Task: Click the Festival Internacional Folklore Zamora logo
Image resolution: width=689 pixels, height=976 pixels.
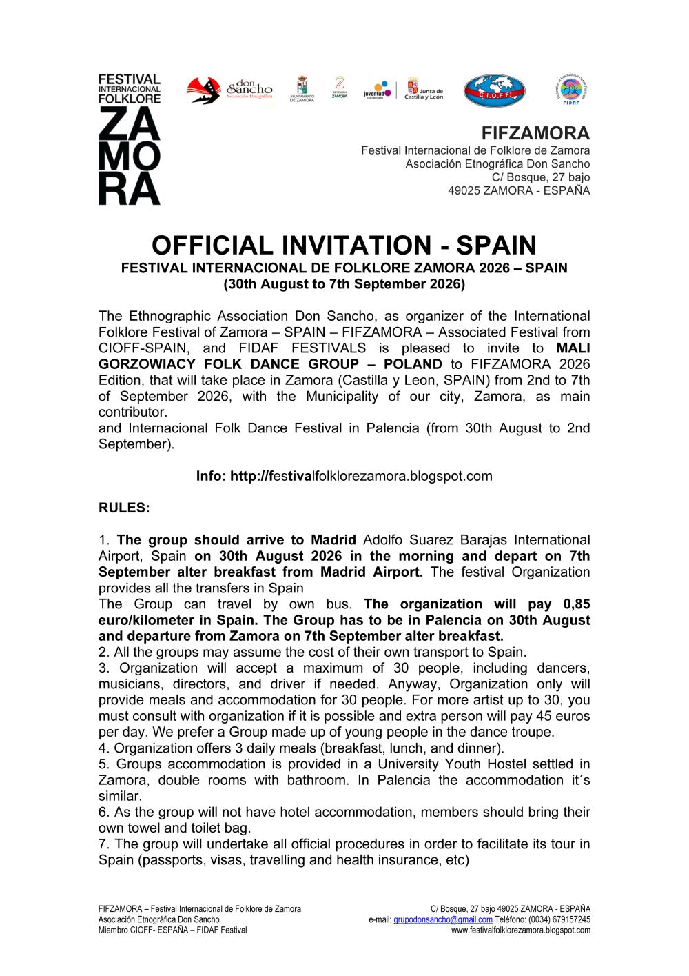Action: pyautogui.click(x=130, y=139)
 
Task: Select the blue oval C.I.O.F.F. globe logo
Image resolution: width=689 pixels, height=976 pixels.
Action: pyautogui.click(x=494, y=91)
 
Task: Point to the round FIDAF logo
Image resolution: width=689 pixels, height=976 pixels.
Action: pyautogui.click(x=570, y=90)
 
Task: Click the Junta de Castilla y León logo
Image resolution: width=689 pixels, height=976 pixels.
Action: pyautogui.click(x=424, y=90)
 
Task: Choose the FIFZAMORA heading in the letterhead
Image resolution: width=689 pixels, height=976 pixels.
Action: pyautogui.click(x=535, y=133)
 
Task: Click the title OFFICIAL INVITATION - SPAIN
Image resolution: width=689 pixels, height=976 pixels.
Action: pyautogui.click(x=344, y=246)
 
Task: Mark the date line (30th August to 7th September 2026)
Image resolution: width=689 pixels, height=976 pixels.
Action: pyautogui.click(x=344, y=284)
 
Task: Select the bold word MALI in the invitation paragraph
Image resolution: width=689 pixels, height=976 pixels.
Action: pyautogui.click(x=573, y=348)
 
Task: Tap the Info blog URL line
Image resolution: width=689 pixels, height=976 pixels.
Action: pyautogui.click(x=344, y=476)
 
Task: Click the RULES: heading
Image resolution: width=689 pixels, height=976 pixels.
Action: pyautogui.click(x=124, y=508)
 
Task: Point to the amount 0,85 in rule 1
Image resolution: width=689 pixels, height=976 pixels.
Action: pyautogui.click(x=577, y=604)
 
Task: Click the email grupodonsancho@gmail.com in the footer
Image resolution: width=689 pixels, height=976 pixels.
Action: pyautogui.click(x=443, y=919)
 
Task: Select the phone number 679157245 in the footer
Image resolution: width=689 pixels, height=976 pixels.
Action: pyautogui.click(x=571, y=919)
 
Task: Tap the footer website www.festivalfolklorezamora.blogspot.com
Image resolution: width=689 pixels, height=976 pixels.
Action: pyautogui.click(x=520, y=930)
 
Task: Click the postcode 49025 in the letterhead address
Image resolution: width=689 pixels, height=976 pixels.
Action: pyautogui.click(x=463, y=190)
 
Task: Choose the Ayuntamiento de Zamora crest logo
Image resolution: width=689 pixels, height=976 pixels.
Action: pyautogui.click(x=302, y=90)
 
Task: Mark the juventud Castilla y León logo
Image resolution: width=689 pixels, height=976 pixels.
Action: pyautogui.click(x=378, y=90)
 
